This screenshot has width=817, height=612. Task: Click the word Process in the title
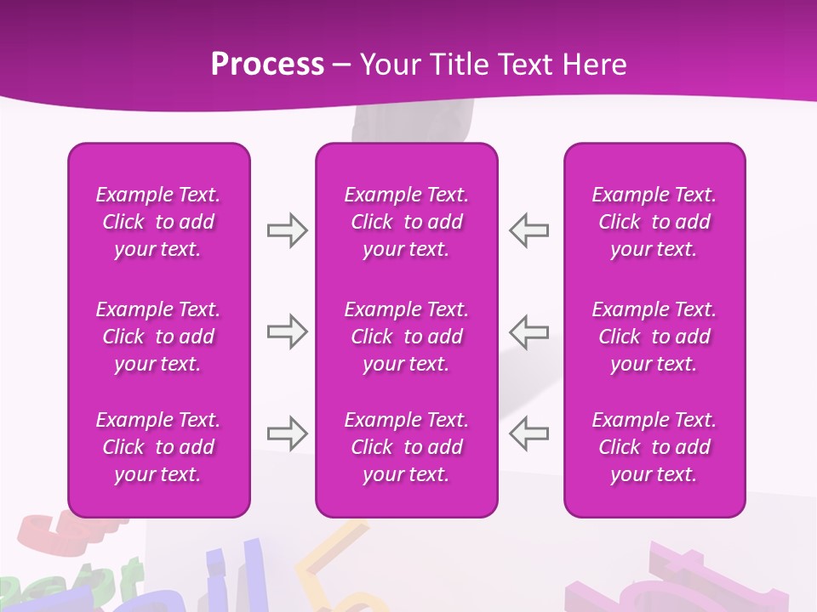pos(267,65)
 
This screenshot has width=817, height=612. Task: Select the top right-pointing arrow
pos(287,230)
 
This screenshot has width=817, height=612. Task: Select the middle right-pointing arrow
pos(287,331)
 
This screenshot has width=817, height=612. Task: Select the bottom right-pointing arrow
pos(287,433)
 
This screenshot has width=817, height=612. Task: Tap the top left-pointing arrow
pos(529,230)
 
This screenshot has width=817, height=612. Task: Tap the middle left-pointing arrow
pos(529,331)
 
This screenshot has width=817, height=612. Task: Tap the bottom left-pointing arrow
pos(529,433)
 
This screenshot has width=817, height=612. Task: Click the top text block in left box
pos(158,222)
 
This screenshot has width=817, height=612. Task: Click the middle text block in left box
pos(158,337)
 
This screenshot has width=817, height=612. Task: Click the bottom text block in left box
pos(158,447)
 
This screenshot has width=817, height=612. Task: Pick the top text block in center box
pos(406,222)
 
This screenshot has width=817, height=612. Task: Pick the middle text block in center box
pos(406,337)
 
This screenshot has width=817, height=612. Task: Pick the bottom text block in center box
pos(406,447)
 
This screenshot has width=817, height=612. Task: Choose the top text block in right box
pos(654,222)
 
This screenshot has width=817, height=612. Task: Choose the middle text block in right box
pos(654,337)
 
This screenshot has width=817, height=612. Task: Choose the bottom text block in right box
pos(654,447)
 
